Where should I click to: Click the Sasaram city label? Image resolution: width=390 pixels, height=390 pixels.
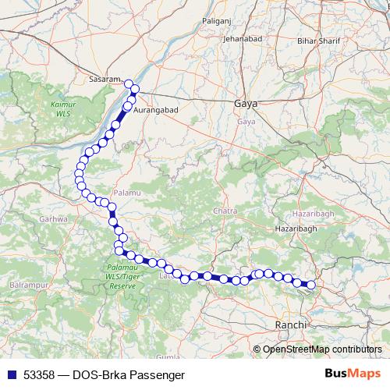[105, 80]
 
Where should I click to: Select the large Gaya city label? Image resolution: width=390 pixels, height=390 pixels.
[245, 104]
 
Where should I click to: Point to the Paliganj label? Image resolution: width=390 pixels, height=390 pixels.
[218, 21]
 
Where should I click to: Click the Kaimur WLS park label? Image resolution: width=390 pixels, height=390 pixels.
[60, 108]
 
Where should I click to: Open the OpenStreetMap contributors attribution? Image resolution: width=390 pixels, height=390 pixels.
[322, 350]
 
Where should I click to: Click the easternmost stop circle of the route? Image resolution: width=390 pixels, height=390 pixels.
[310, 285]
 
